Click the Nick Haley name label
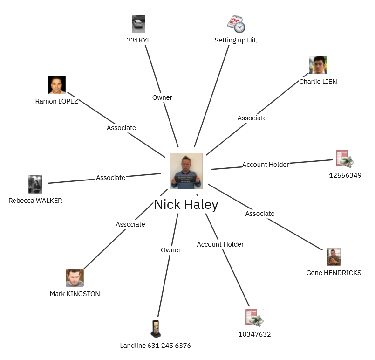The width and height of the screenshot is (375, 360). coord(186,205)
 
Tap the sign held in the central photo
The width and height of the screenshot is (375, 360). coord(186,179)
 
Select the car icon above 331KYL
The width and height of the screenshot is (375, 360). coord(138,24)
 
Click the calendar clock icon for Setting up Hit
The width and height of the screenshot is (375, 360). coord(236,24)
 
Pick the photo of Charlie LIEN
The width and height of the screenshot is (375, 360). coord(318,65)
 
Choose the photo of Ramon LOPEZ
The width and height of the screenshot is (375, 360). coord(57,85)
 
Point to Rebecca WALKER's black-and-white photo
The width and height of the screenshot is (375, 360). coord(35,184)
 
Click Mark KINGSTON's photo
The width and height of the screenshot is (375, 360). coord(75,277)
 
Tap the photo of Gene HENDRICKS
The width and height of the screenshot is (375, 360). coord(334,256)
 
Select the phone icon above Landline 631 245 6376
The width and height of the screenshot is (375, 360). coord(156,329)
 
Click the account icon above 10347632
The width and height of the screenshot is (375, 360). coord(254,318)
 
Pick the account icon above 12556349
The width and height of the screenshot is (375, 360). coord(345,159)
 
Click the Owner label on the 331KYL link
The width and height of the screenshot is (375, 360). coord(162,97)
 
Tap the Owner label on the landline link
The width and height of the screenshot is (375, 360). coord(171,250)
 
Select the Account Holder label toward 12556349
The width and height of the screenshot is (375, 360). coord(266,165)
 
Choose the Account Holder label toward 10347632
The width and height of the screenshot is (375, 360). coord(220,244)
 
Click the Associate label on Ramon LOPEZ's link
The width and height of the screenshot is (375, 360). coord(121,128)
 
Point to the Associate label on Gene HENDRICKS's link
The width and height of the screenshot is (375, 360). coord(260,214)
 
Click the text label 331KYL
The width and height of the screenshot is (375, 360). coord(138,40)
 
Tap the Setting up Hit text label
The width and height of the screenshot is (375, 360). coord(236,40)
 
